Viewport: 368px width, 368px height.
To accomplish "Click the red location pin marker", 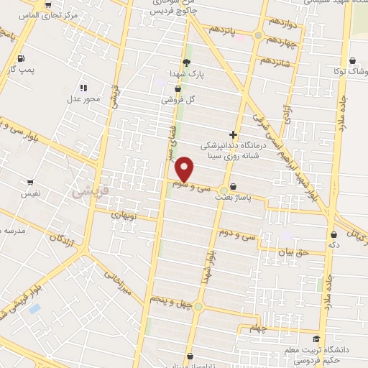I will coord(185,169).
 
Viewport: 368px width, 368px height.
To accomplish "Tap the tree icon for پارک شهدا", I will coord(186,63).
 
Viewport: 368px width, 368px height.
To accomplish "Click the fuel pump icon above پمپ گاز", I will coord(22,58).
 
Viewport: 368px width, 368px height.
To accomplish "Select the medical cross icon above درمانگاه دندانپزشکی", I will coord(233,134).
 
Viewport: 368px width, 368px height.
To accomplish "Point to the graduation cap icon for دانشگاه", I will coord(316,339).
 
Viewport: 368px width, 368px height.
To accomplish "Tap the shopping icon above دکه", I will coord(334,234).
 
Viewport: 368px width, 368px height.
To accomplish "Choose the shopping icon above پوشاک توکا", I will coord(352,62).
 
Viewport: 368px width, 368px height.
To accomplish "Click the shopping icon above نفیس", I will coord(30,183).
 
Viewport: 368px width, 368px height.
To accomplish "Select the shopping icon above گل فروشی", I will coord(178,89).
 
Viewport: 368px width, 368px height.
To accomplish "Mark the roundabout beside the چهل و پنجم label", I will coord(198,307).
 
